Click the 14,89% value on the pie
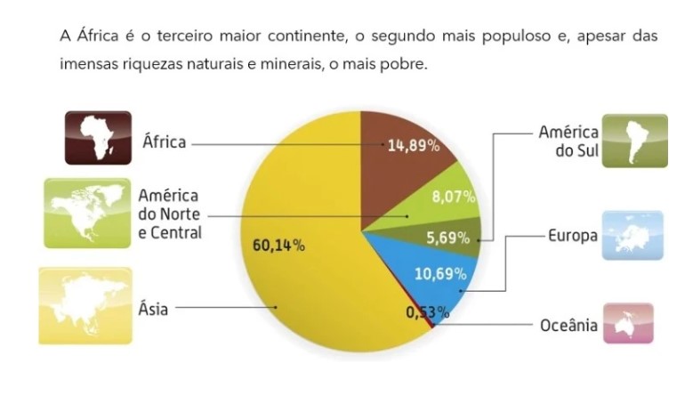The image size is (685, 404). (414, 146)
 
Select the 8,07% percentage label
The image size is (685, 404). (453, 197)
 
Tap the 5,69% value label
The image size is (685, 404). (447, 238)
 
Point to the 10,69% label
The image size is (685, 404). (440, 273)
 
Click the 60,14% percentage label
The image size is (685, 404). (279, 245)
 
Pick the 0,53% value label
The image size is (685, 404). (425, 312)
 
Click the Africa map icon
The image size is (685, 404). (98, 137)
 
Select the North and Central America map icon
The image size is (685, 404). (87, 214)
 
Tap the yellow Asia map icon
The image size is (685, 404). (85, 304)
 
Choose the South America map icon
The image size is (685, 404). (634, 141)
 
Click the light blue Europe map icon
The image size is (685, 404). (632, 235)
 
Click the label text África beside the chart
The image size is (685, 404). (164, 141)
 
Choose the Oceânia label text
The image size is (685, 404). (568, 326)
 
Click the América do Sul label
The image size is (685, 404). (568, 141)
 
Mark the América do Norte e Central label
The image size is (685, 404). (170, 214)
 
